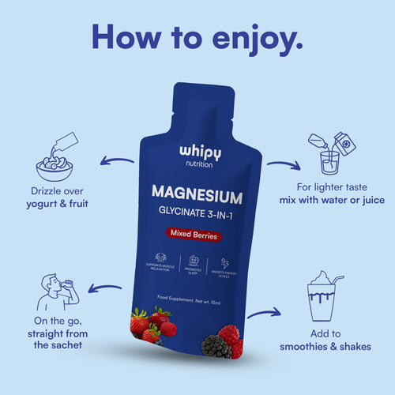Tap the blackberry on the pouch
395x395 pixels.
[216, 345]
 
